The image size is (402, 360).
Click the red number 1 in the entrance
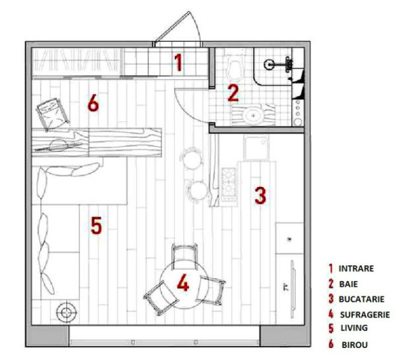pos(178,63)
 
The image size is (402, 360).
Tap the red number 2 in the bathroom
pos(233,93)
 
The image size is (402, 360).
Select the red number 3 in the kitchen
pos(261,196)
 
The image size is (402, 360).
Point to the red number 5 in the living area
pos(96,226)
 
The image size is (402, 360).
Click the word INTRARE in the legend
pos(356,268)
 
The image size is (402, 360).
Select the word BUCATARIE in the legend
pos(362,299)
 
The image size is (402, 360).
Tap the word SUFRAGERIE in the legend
pos(365,315)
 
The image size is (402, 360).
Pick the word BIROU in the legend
pos(354,345)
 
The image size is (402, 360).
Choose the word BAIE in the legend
pos(348,284)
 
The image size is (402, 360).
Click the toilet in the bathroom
pos(234,68)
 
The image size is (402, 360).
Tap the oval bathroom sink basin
pos(253,115)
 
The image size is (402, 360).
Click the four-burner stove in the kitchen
pos(229,184)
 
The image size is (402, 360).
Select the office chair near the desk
pos(53,115)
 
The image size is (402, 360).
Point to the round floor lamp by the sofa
pos(67,312)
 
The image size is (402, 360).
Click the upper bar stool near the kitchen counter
pos(191,159)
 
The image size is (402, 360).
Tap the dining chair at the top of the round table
pos(185,256)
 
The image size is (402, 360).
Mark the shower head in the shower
pos(269,63)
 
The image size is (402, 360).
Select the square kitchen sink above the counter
pos(256,148)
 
